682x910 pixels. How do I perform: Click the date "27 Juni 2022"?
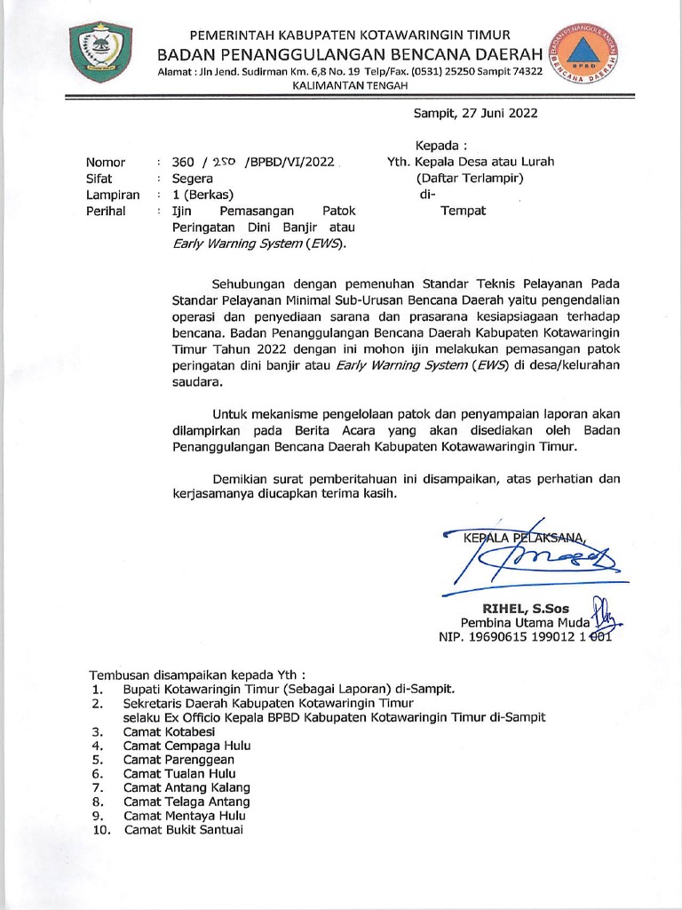point(497,113)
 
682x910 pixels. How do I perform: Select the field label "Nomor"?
point(105,162)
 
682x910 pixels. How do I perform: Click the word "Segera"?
point(193,178)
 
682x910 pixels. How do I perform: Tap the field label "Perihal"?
point(106,211)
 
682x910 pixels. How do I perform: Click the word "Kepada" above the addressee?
point(440,145)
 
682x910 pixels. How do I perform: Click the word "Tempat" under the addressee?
point(464,211)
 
